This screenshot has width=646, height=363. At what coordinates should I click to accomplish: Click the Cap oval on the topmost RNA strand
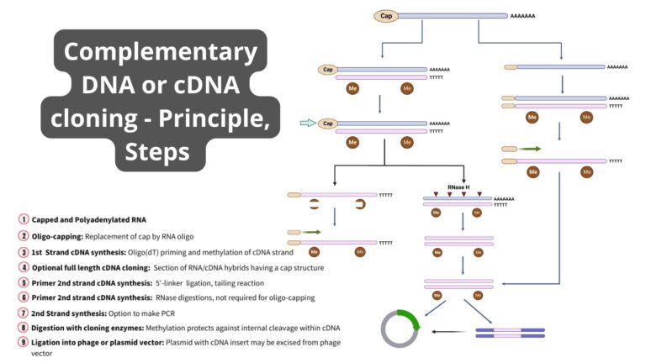point(386,15)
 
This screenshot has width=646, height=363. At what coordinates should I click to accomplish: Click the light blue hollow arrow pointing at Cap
point(307,124)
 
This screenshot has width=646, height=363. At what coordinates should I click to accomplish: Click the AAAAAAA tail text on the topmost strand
point(522,16)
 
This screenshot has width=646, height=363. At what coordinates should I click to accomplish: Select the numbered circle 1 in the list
point(23,219)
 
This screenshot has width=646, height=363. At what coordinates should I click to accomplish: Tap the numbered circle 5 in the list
point(23,283)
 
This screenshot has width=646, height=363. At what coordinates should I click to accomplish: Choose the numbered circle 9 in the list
point(23,342)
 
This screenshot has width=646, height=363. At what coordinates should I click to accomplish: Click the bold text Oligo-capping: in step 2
point(56,235)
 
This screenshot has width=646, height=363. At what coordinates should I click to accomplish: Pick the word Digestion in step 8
point(49,326)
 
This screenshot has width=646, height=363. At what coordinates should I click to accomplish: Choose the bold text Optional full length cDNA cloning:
point(90,267)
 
